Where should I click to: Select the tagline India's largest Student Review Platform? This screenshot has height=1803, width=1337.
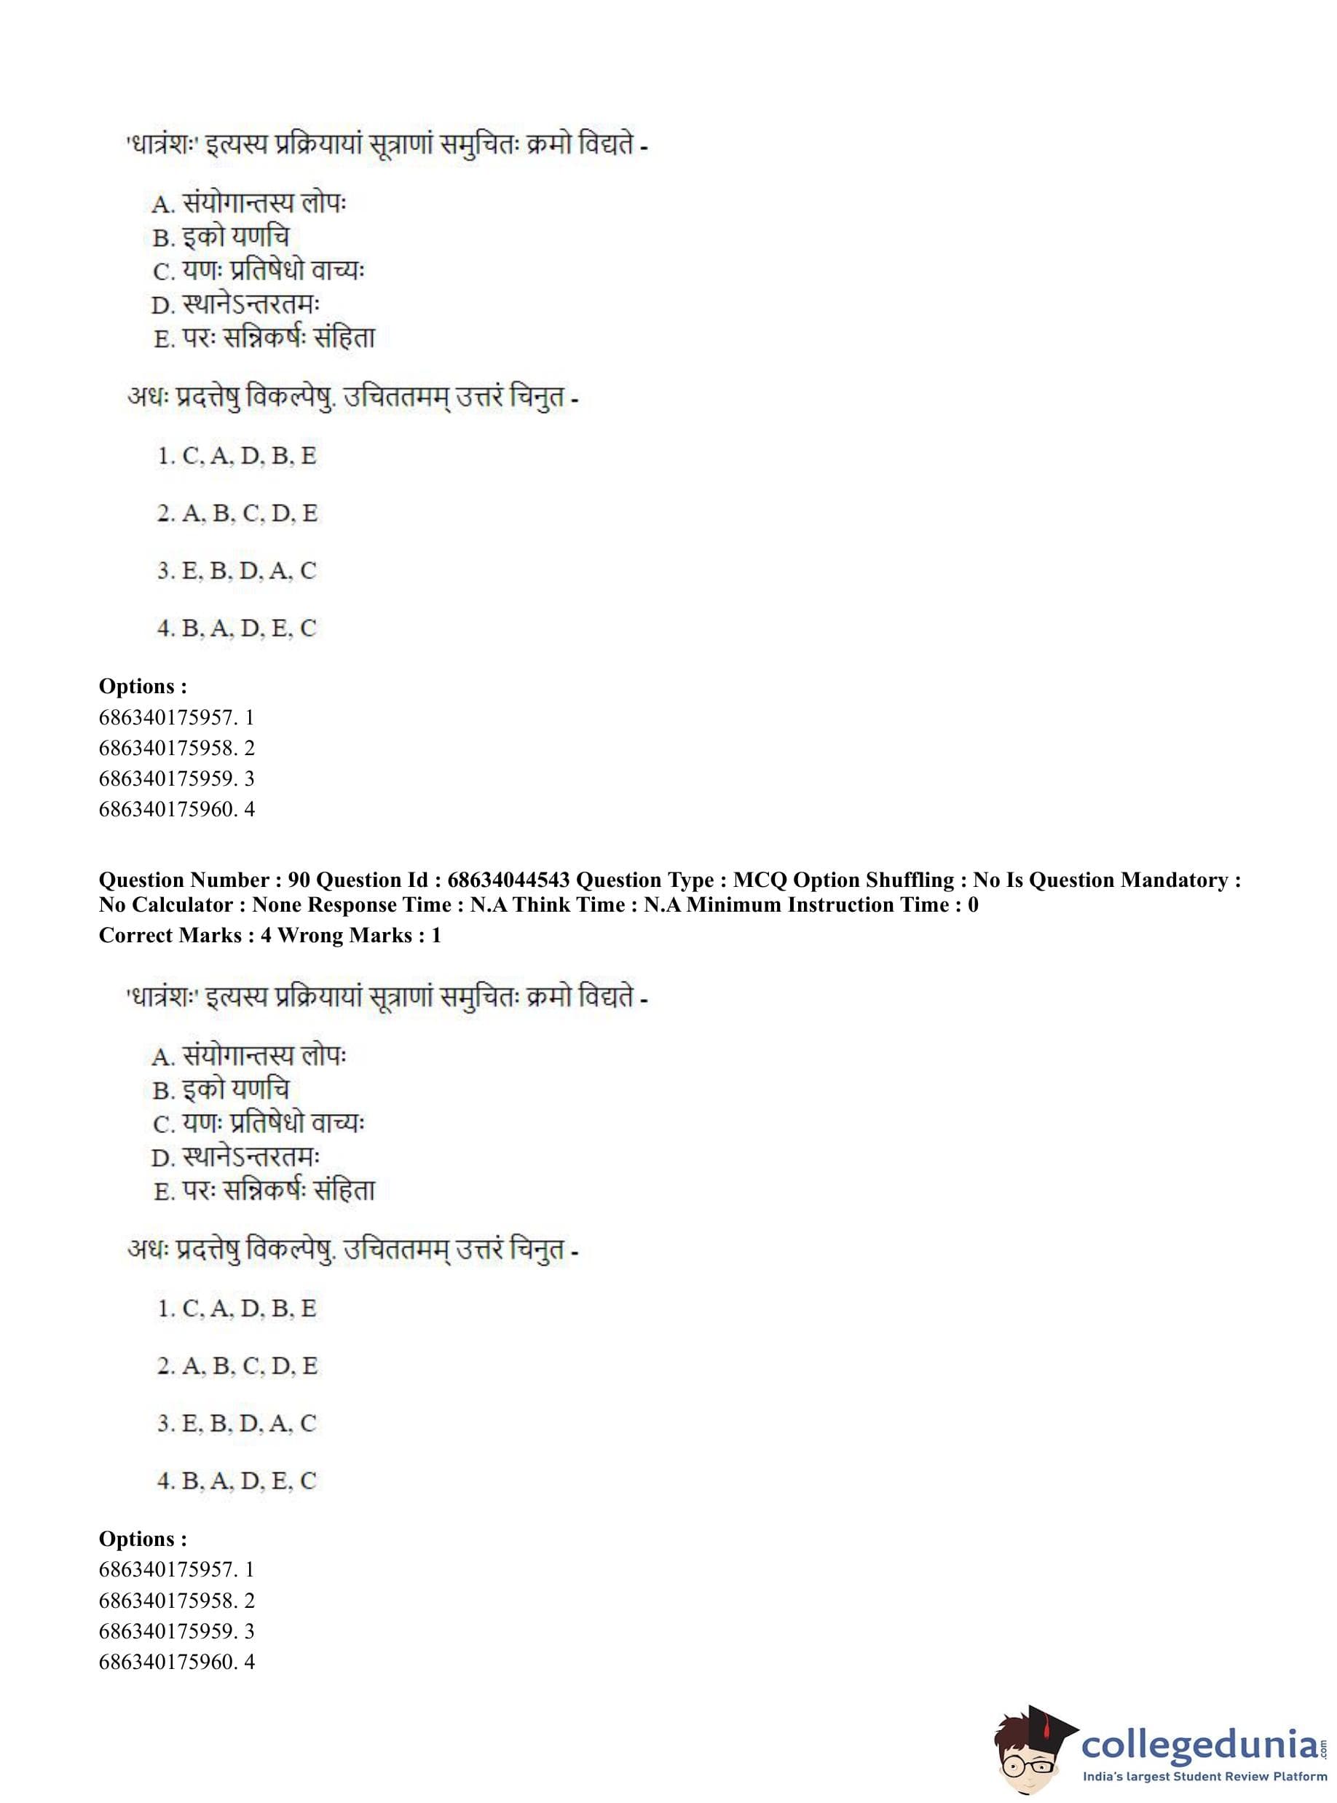(1204, 1776)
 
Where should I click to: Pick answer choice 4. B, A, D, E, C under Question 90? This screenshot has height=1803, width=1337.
(237, 1481)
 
